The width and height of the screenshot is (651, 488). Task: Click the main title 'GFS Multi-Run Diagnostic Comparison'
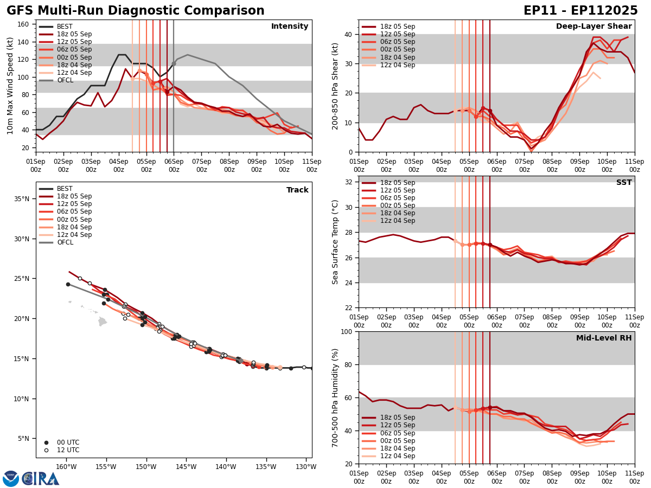pyautogui.click(x=136, y=11)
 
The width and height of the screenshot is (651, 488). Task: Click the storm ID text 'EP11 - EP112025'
pyautogui.click(x=580, y=11)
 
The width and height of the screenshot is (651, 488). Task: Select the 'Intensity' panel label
pyautogui.click(x=290, y=27)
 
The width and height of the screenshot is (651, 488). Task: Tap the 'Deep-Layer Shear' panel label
pyautogui.click(x=593, y=27)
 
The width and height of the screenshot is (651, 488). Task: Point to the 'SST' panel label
pyautogui.click(x=624, y=183)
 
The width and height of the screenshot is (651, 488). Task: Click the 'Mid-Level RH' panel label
pyautogui.click(x=604, y=338)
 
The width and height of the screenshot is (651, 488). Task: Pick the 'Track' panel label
pyautogui.click(x=297, y=190)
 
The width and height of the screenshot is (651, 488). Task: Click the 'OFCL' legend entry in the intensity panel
pyautogui.click(x=65, y=80)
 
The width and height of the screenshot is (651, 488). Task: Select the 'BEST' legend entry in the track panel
pyautogui.click(x=65, y=189)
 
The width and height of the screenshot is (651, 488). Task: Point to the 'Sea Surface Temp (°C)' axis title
pyautogui.click(x=335, y=242)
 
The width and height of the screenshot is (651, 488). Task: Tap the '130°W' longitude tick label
pyautogui.click(x=306, y=467)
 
